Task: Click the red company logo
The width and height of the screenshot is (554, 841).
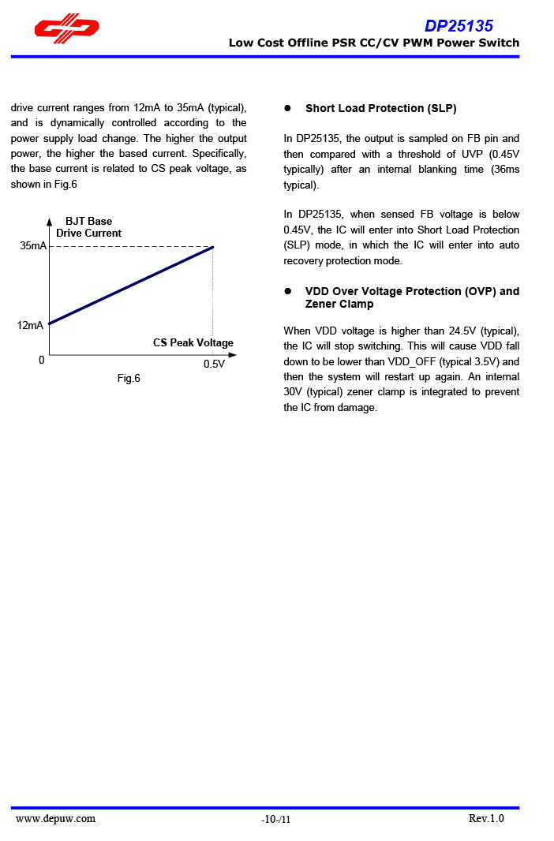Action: (x=66, y=28)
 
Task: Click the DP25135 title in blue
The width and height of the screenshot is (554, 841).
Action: (x=459, y=25)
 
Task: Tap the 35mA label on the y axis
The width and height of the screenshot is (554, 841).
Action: (x=32, y=246)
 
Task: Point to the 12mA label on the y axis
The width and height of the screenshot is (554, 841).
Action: (x=30, y=325)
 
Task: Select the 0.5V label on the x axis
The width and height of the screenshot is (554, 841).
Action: (x=214, y=364)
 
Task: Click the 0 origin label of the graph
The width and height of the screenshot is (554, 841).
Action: (x=41, y=360)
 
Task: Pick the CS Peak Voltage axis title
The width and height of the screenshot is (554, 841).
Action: (x=193, y=343)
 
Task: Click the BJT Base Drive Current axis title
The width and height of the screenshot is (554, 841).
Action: (x=88, y=227)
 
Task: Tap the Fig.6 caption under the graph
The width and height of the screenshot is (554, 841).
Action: (x=129, y=379)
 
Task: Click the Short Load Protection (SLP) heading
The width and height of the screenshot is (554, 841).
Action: (x=380, y=108)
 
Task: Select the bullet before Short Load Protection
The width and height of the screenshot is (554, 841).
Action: (x=288, y=108)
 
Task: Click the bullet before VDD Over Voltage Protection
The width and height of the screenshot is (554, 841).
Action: (x=288, y=291)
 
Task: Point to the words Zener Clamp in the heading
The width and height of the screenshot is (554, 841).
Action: (x=339, y=304)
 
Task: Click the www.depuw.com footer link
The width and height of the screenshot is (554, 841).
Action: (x=56, y=818)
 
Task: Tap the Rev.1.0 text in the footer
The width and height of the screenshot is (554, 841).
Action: (x=485, y=818)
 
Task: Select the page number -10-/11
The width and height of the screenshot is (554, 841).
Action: (x=276, y=820)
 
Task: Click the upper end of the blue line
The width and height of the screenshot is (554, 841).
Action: (x=212, y=248)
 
